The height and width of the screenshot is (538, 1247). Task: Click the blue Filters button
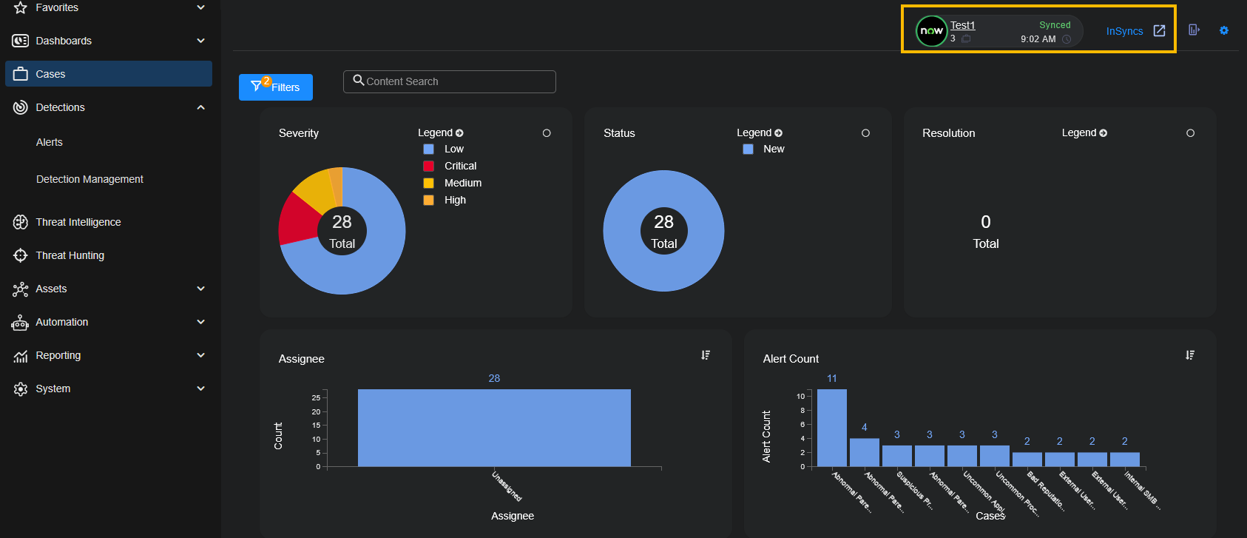tap(275, 87)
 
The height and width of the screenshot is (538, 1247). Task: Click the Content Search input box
tap(450, 81)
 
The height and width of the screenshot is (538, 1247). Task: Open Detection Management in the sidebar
tap(89, 179)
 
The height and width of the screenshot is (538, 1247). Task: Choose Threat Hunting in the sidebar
tap(70, 255)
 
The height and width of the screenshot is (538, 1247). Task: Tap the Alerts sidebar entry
tap(50, 142)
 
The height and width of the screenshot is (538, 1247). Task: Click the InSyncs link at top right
tap(1124, 31)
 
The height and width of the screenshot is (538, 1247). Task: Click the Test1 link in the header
tap(962, 25)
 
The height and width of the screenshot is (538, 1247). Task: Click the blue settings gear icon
tap(1224, 30)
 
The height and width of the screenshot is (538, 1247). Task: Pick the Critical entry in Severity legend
tap(460, 166)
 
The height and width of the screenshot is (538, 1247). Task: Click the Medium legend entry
tap(462, 183)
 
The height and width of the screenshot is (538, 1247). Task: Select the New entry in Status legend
tap(774, 149)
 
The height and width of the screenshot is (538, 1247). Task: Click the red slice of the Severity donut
tap(297, 218)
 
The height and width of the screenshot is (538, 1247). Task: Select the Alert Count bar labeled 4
tap(864, 452)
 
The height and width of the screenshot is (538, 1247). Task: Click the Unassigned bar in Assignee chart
tap(494, 428)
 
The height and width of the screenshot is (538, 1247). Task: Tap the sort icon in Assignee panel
tap(706, 355)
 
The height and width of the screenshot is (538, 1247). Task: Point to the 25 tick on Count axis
tap(317, 397)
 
